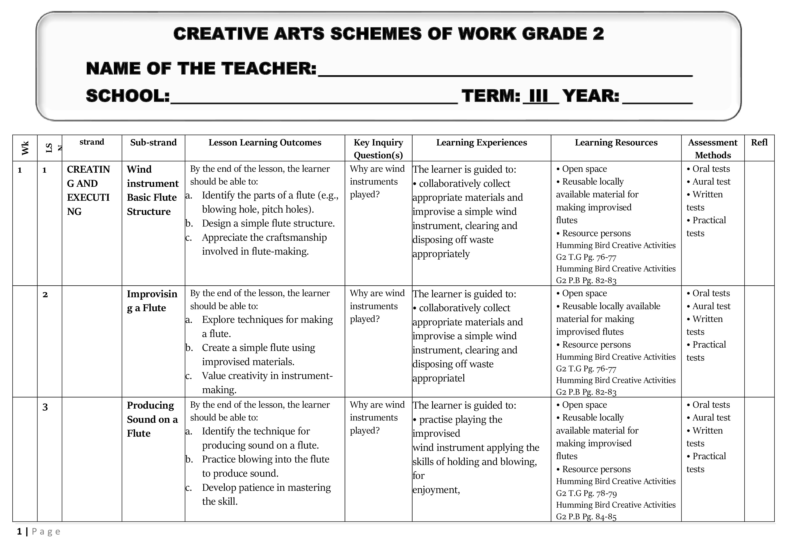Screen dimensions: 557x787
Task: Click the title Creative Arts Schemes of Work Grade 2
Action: [388, 34]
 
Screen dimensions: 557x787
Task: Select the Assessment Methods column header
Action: [713, 148]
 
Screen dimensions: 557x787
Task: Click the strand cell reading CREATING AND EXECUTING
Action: [88, 190]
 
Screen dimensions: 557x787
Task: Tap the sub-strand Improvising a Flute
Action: [152, 301]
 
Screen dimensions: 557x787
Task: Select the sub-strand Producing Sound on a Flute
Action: [152, 419]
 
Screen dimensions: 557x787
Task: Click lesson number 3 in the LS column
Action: [45, 407]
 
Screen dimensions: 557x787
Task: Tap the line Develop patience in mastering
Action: [266, 487]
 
